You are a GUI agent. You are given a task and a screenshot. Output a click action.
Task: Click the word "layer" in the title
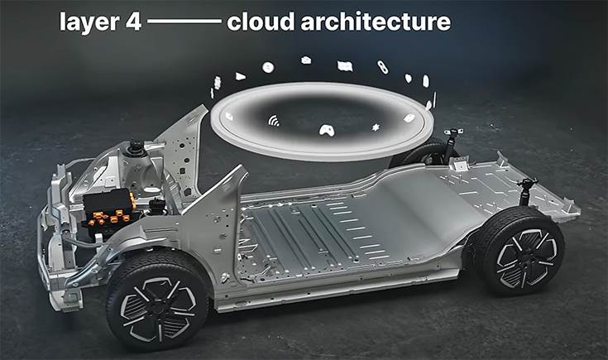pos(89,22)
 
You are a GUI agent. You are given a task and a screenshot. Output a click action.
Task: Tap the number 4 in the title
pos(133,22)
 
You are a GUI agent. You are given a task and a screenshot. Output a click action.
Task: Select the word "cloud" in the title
pos(261,22)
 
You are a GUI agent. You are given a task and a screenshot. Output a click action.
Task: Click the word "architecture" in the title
pos(376,22)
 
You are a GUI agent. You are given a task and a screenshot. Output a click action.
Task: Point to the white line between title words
pos(184,22)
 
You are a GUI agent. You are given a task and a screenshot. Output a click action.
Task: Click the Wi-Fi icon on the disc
pos(274,121)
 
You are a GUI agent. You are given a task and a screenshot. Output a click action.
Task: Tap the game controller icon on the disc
pos(327,131)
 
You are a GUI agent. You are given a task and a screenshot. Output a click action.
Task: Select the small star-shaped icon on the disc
pos(376,127)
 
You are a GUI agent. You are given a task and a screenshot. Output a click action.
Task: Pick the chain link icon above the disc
pos(383,67)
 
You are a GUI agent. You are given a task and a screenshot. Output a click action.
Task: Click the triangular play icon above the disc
pos(240,76)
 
